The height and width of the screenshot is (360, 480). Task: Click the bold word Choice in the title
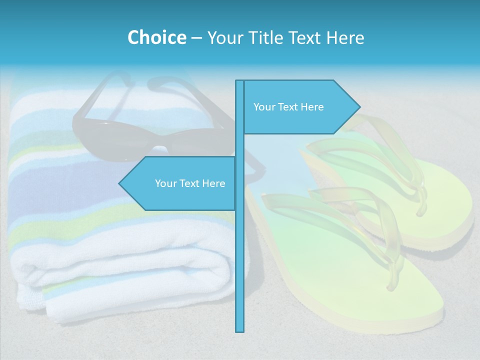pos(156,37)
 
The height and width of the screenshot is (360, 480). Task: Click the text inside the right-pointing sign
pos(288,107)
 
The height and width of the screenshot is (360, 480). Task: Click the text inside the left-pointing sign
pos(190,183)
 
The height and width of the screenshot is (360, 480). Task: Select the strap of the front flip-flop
pos(350,210)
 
